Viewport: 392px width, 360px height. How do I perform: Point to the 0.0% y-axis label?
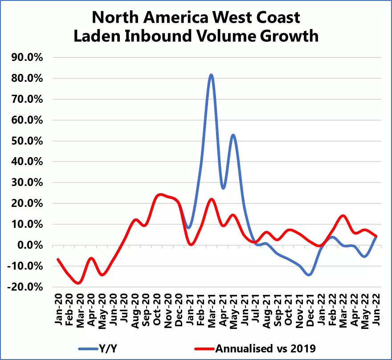pos(33,245)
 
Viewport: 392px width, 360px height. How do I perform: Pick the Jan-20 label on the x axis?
pos(58,309)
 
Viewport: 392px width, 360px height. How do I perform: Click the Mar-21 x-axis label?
pos(211,309)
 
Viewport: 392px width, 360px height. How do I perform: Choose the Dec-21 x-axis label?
pos(310,309)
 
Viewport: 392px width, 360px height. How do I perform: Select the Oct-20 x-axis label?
pos(157,309)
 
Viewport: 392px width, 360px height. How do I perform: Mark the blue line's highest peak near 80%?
pos(211,75)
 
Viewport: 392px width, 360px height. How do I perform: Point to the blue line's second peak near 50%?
pos(233,135)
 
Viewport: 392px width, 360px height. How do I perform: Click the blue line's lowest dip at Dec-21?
pos(309,275)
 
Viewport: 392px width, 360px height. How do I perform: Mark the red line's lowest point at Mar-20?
pos(79,283)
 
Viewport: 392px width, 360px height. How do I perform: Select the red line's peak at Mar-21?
pos(212,199)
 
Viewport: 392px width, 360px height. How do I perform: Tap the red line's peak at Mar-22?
pos(343,216)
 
